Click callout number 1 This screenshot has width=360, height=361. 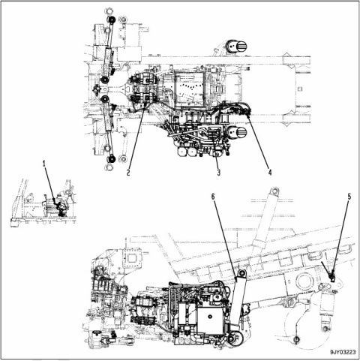pos(44,164)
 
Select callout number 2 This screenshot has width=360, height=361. pos(128,173)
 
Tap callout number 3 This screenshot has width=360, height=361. pos(219,173)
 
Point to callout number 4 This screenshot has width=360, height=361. pos(270,173)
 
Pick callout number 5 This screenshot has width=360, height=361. pos(349,197)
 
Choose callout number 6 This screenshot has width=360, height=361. pos(213,197)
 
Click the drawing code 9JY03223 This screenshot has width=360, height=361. pos(343,352)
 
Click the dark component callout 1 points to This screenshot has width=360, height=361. pos(61,208)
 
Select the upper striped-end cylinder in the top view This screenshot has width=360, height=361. pos(236,47)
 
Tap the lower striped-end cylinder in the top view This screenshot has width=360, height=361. pos(238,132)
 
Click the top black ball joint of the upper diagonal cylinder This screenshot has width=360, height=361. pos(112,20)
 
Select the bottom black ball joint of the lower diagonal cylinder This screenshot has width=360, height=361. pos(112,158)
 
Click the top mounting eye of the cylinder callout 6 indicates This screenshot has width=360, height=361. pos(241,273)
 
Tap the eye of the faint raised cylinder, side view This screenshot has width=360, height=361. pos(274,191)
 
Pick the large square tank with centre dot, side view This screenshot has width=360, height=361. pos(211,320)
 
